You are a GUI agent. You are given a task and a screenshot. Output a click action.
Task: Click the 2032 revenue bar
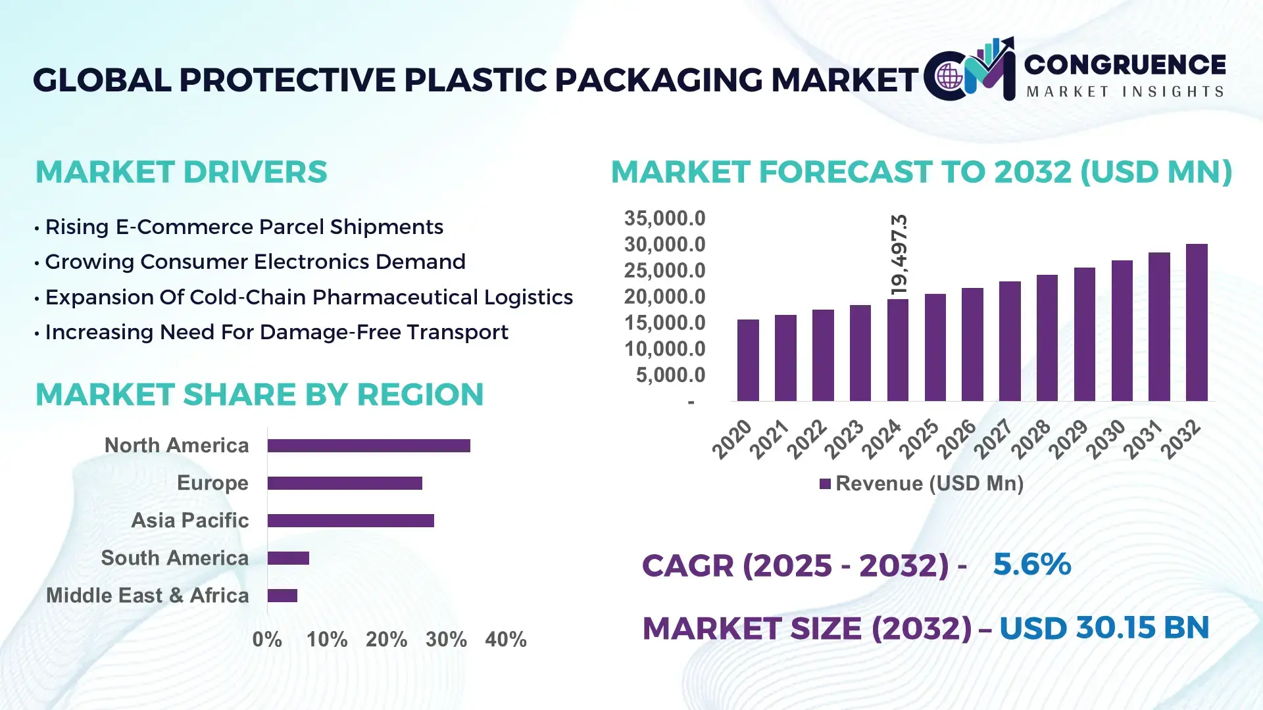pos(1196,323)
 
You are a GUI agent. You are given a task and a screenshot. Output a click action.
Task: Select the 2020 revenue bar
pos(748,360)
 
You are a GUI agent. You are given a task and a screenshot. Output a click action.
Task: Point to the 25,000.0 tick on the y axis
pos(664,271)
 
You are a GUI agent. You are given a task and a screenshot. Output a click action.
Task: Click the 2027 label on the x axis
pos(994,438)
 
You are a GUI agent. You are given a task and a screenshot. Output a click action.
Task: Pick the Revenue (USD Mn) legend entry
pos(921,484)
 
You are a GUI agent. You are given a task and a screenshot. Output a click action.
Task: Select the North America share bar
pos(368,446)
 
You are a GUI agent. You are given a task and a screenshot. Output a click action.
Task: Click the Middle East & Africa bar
pos(282,596)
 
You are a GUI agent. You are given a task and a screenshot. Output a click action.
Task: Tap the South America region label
pos(174,558)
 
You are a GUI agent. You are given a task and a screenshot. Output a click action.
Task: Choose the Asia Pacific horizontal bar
pos(351,521)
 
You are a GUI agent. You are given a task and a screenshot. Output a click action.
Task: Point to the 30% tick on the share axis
pos(446,640)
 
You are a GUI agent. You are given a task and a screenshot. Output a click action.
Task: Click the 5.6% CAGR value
pos(1031,565)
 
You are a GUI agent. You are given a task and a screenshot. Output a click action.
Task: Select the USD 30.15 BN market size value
pos(1104,628)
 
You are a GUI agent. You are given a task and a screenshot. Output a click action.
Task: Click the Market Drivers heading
pos(181,172)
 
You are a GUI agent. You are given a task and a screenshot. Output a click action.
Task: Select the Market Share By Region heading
pos(259,394)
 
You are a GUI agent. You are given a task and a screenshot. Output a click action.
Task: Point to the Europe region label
pos(212,483)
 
